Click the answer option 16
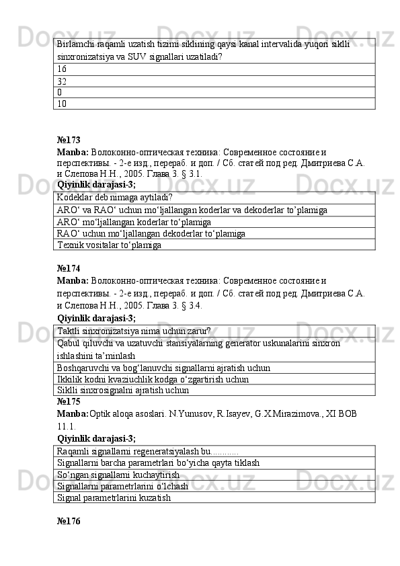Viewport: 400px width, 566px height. [x=62, y=69]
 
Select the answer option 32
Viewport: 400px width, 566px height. [x=62, y=81]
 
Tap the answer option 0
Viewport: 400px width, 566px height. [x=60, y=92]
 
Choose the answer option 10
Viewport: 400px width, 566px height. [x=62, y=104]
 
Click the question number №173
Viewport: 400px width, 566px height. [x=69, y=140]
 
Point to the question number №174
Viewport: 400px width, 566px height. [x=69, y=268]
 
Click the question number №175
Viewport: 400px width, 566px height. [x=69, y=401]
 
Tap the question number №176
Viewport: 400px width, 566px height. [x=69, y=522]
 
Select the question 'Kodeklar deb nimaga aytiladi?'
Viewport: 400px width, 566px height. [x=114, y=198]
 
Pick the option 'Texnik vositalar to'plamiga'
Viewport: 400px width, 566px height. [x=109, y=245]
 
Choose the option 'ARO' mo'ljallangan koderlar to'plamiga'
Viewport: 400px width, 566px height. [x=134, y=222]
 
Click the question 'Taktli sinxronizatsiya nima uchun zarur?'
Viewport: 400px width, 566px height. [x=134, y=331]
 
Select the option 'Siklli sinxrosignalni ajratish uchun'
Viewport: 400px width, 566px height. [x=122, y=390]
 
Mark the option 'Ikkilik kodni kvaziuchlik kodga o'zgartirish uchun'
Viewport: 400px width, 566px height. [x=153, y=379]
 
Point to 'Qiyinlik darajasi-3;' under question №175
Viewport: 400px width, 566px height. [x=97, y=438]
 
